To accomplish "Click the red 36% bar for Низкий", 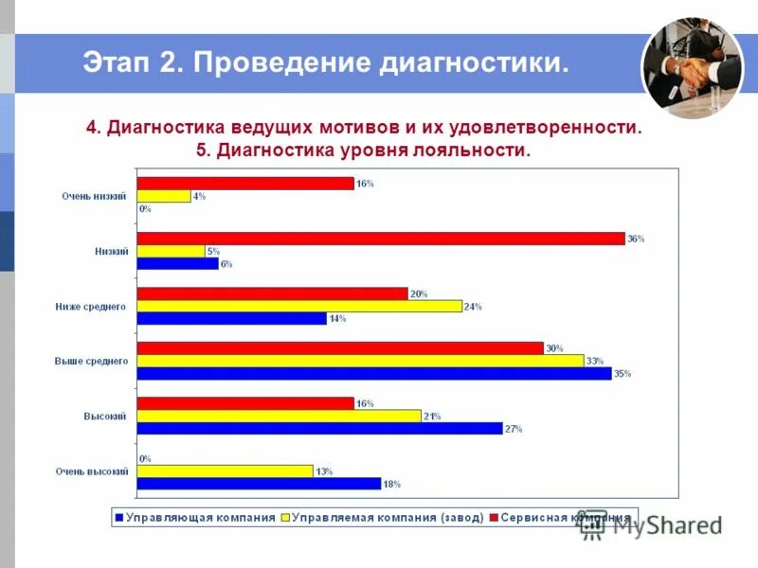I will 381,239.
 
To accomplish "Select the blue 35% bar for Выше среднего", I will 374,373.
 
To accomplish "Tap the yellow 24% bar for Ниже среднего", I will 299,306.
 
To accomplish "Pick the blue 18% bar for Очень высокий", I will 259,484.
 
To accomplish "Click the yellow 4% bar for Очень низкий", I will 164,196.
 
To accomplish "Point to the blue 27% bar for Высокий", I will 319,429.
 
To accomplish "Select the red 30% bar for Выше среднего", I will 340,348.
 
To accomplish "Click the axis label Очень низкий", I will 95,196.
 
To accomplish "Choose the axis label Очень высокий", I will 92,470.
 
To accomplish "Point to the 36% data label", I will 636,239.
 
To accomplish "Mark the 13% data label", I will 324,470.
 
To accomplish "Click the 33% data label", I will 595,361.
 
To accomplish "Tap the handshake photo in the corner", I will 692,69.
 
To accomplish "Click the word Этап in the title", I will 116,63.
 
